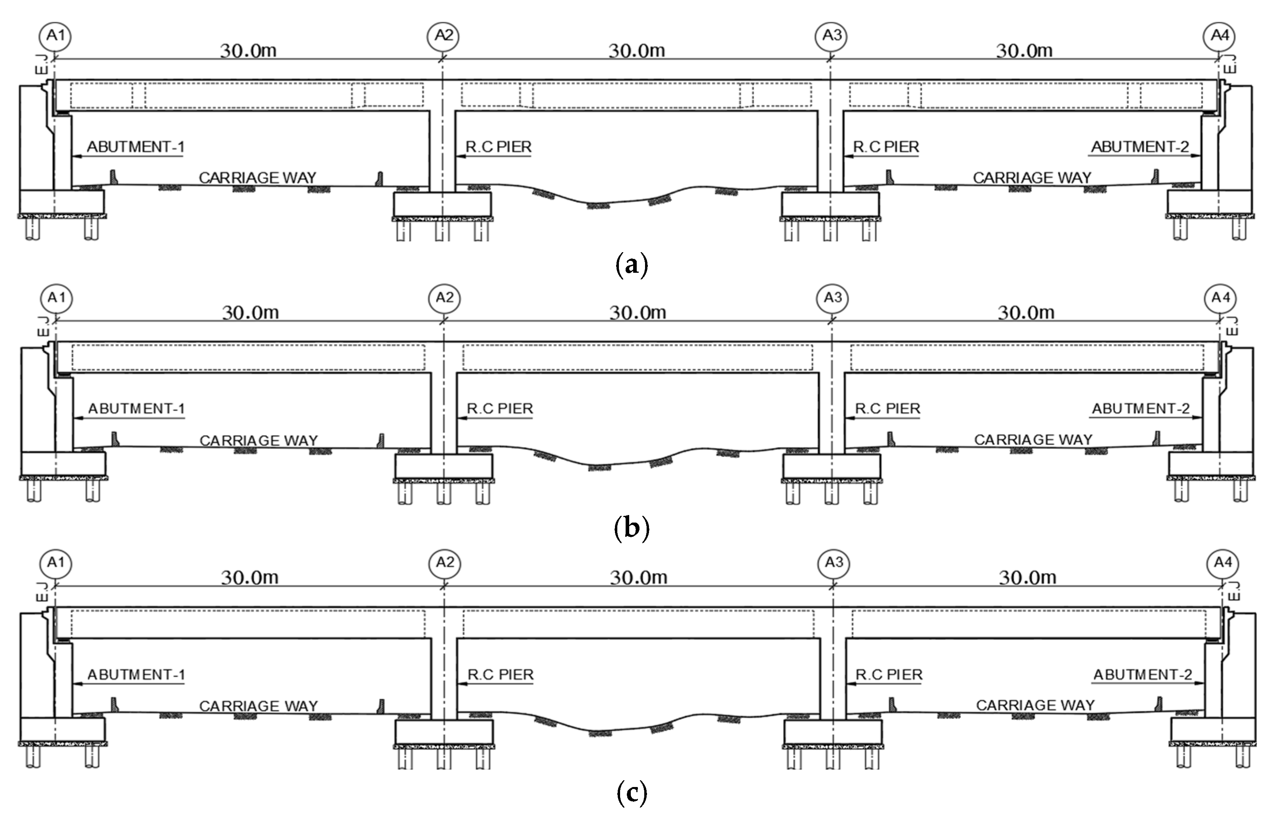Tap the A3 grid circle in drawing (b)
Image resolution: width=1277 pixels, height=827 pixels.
[x=832, y=298]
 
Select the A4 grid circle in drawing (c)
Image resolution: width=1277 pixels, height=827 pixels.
[x=1222, y=563]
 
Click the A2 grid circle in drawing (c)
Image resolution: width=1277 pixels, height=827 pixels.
[x=445, y=563]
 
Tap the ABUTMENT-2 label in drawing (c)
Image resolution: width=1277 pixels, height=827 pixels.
[x=1142, y=674]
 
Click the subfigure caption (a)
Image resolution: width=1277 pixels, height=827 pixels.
[x=632, y=265]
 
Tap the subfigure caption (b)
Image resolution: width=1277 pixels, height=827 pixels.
[x=632, y=528]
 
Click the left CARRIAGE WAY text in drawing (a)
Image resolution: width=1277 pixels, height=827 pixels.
[x=257, y=177]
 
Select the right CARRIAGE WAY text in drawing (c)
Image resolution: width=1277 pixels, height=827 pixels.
[x=1035, y=705]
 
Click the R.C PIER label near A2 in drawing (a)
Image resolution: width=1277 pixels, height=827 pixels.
[x=499, y=147]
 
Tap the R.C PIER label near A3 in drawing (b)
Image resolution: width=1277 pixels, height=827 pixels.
[x=887, y=409]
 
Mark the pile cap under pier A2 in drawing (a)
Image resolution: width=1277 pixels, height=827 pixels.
[x=442, y=204]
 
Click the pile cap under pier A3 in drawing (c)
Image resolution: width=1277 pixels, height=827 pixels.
[x=833, y=732]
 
